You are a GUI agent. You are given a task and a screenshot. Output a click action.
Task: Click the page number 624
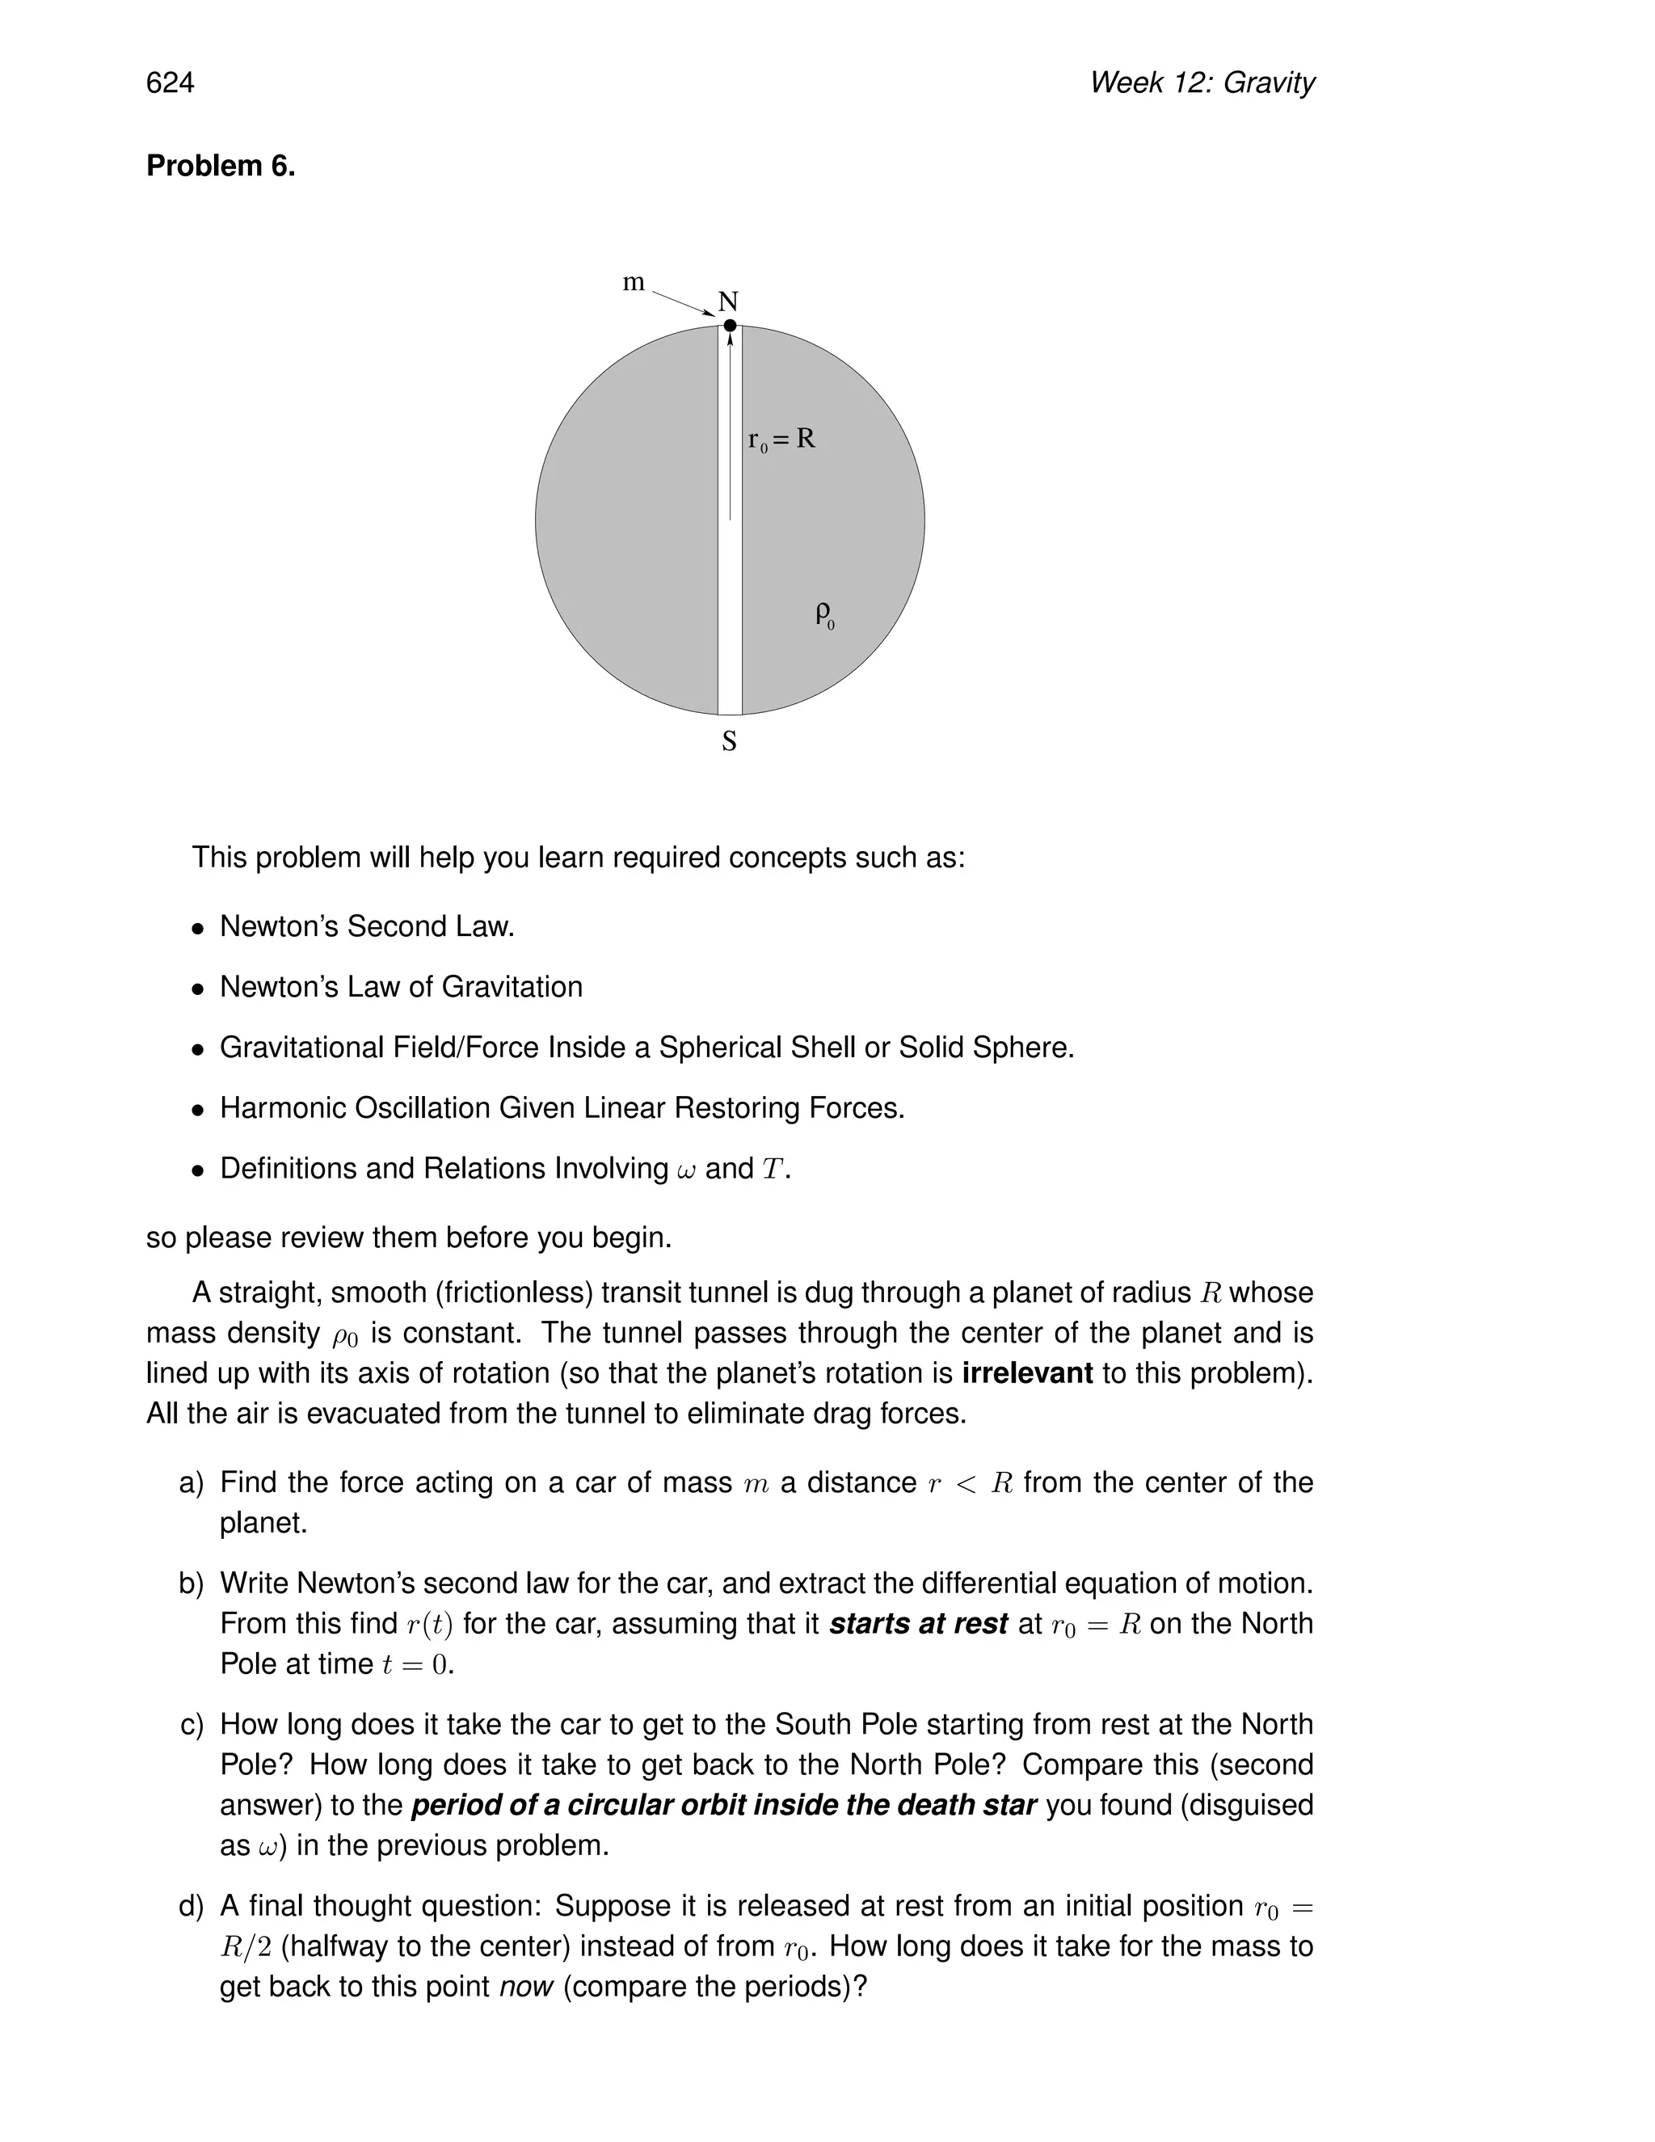pyautogui.click(x=170, y=83)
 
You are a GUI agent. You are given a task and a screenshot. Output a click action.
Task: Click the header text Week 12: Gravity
pyautogui.click(x=1201, y=83)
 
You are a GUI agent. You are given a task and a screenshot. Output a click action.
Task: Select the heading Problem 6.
pyautogui.click(x=221, y=167)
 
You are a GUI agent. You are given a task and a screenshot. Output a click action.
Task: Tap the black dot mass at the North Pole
pyautogui.click(x=730, y=326)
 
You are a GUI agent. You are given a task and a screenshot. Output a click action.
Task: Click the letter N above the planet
pyautogui.click(x=727, y=301)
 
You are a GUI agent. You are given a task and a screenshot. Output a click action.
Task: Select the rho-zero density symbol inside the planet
pyautogui.click(x=824, y=615)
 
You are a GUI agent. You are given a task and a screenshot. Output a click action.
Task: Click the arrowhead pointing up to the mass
pyautogui.click(x=730, y=340)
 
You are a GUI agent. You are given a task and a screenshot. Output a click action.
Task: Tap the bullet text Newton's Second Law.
pyautogui.click(x=367, y=926)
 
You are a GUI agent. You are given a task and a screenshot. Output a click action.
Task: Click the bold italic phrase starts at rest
pyautogui.click(x=918, y=1624)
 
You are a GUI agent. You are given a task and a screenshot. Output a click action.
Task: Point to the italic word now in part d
pyautogui.click(x=527, y=1987)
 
